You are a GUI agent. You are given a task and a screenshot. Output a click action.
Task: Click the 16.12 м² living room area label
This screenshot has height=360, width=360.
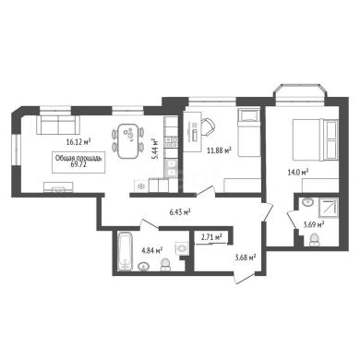click(78, 142)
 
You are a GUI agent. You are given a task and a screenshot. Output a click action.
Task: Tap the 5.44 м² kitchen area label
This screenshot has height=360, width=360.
click(157, 149)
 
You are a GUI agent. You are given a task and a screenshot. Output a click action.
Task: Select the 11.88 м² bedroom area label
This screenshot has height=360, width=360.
click(219, 150)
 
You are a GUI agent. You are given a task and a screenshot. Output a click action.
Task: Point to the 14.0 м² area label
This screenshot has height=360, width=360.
click(298, 173)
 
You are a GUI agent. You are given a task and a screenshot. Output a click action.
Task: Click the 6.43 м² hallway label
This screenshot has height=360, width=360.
click(180, 211)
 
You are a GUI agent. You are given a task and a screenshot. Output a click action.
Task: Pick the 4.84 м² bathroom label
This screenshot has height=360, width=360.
click(152, 250)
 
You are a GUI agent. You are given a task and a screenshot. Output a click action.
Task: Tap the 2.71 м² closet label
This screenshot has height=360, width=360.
click(211, 237)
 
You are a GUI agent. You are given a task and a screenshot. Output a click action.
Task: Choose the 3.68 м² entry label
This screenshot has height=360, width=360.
click(246, 258)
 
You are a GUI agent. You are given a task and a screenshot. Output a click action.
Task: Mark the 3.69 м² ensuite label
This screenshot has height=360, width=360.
click(314, 224)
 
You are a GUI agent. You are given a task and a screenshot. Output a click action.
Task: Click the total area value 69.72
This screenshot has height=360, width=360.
click(78, 164)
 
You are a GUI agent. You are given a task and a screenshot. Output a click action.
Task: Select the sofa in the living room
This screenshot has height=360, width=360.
click(58, 125)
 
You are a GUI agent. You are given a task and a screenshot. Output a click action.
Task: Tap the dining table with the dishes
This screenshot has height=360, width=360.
click(128, 141)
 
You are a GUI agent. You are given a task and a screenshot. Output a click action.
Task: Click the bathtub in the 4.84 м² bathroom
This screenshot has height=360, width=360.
click(125, 252)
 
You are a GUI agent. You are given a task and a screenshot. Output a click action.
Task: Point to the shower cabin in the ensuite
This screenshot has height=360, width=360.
click(328, 208)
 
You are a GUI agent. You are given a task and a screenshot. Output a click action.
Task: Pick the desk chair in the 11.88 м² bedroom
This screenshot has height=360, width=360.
click(208, 126)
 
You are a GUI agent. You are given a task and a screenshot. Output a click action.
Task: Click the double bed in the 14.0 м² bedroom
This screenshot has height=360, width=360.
click(315, 139)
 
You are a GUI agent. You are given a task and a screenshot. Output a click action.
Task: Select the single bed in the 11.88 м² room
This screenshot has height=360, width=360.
click(249, 132)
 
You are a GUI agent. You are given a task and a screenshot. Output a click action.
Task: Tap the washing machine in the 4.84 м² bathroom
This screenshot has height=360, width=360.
click(182, 248)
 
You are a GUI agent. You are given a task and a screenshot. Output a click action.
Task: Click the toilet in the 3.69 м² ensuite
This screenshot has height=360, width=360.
click(314, 240)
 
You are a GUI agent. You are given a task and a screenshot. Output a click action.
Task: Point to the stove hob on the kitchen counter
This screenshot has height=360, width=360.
click(171, 142)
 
